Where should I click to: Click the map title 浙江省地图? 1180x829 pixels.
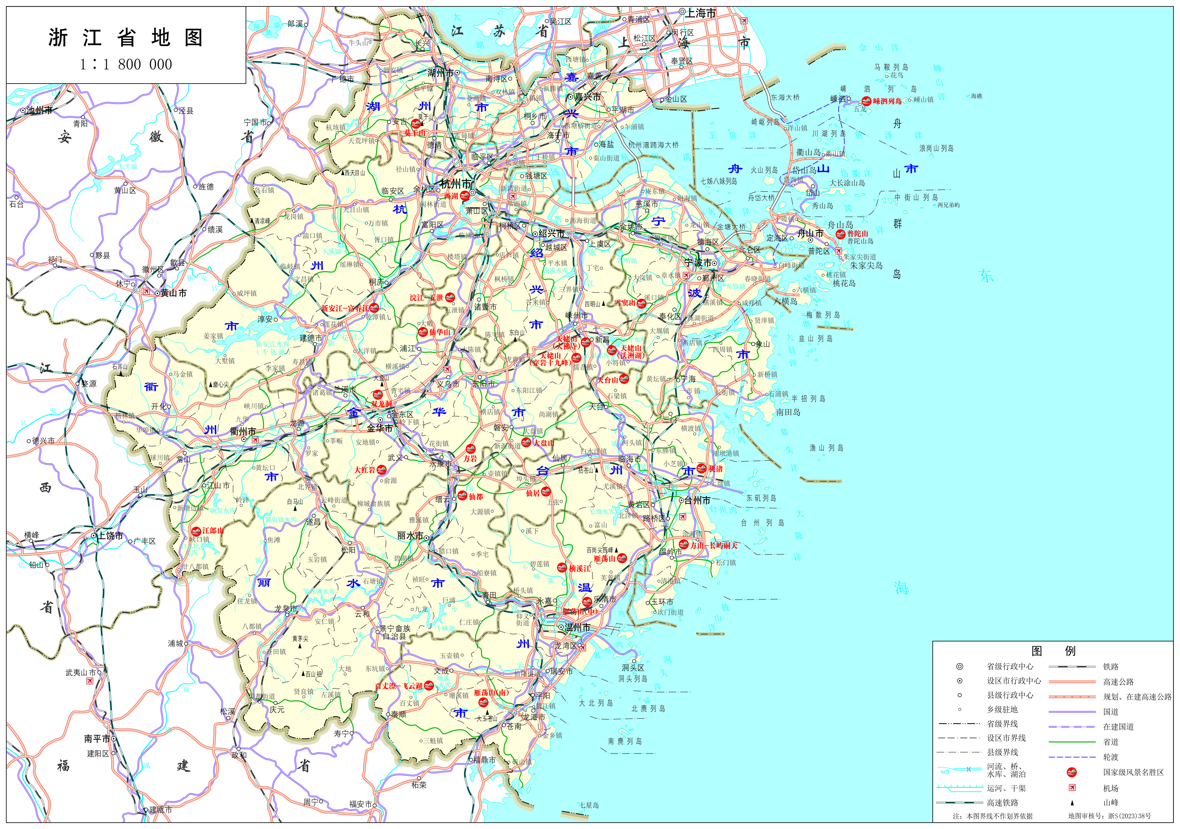126,37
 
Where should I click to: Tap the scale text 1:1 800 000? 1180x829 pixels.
126,64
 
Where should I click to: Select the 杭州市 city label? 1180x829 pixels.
455,184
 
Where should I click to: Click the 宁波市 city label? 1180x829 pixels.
697,263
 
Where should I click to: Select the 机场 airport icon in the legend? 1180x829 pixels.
1072,787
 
